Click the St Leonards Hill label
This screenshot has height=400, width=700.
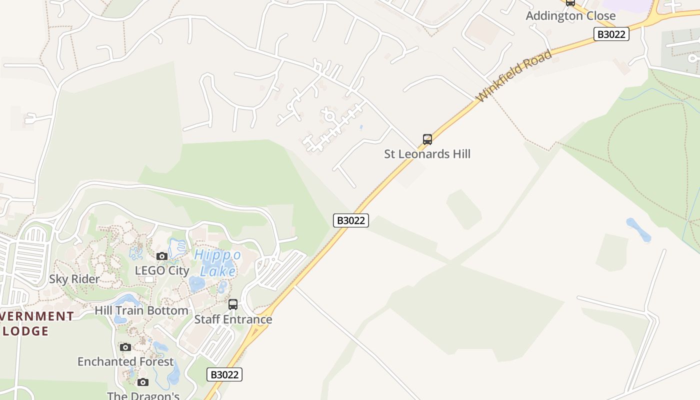(427, 154)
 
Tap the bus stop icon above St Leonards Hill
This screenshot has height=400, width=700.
(427, 139)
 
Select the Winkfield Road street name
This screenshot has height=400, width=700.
(514, 76)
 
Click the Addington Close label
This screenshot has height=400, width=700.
(570, 15)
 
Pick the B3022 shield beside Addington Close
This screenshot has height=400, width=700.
(611, 34)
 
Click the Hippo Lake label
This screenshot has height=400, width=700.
(217, 263)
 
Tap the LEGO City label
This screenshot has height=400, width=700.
(162, 270)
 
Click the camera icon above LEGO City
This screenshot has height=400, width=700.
(161, 256)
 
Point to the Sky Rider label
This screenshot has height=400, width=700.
(74, 279)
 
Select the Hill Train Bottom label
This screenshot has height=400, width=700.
(141, 310)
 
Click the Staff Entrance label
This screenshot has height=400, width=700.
(233, 319)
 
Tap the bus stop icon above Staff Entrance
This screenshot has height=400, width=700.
(233, 304)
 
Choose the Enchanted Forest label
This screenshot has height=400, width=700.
(125, 361)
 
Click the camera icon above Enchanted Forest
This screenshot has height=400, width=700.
(125, 347)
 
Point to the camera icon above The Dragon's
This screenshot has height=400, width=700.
(143, 382)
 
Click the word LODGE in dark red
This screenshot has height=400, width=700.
(26, 331)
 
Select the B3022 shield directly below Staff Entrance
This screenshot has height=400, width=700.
(224, 374)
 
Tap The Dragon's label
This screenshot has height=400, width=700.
(143, 395)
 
